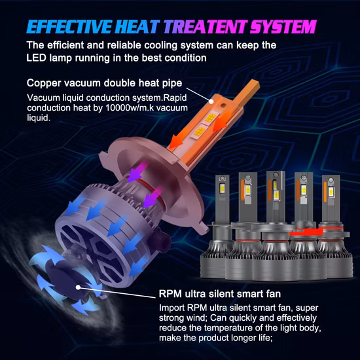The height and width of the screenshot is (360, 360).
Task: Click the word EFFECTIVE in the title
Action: (69, 27)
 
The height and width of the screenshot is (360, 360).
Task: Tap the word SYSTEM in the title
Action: (283, 27)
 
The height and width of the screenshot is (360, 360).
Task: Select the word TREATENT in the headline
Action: (206, 27)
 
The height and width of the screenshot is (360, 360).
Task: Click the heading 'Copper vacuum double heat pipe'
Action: (104, 83)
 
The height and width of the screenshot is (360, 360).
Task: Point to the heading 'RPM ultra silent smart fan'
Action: (220, 294)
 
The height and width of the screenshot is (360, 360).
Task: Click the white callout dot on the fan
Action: (79, 287)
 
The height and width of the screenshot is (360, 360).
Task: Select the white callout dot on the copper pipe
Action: (211, 101)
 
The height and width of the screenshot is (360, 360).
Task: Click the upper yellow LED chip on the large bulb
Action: (210, 118)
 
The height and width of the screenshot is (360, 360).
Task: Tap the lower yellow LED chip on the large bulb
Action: (199, 132)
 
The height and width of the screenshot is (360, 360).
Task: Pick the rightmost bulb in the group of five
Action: (335, 226)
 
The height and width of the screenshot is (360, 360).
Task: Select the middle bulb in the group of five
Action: (276, 226)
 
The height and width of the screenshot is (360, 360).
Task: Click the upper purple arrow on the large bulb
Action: (137, 171)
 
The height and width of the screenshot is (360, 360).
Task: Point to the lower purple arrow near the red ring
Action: (153, 198)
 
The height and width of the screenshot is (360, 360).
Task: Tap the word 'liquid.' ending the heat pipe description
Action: (39, 118)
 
